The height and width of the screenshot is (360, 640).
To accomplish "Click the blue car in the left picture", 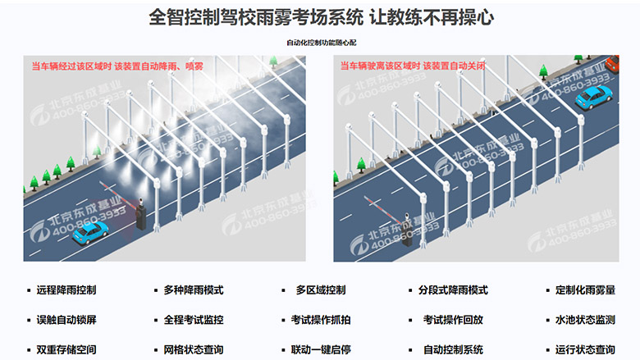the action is (90, 233).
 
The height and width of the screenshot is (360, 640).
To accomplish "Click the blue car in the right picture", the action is (594, 98).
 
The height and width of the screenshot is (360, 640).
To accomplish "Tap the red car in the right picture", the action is (612, 64).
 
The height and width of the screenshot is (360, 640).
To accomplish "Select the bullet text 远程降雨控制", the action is (66, 290).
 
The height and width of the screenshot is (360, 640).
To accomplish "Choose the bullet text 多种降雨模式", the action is (194, 290).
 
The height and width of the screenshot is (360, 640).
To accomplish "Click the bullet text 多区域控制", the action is (321, 290).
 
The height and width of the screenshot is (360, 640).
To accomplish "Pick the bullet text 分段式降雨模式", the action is (453, 290).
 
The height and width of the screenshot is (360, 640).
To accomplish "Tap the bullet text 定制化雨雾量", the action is (585, 290).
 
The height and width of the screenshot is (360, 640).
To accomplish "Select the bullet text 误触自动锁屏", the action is (66, 320).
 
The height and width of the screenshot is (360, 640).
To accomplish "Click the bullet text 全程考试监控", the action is (194, 320).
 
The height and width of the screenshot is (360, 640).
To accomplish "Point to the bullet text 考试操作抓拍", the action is (321, 320).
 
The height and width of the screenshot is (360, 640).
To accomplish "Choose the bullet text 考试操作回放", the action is (453, 320).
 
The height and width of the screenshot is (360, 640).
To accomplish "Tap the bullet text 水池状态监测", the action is (585, 320).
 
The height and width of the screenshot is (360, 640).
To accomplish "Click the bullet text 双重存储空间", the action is (66, 350).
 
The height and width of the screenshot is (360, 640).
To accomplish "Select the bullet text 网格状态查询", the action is (194, 350).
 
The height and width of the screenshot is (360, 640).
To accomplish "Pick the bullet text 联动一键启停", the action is (321, 350).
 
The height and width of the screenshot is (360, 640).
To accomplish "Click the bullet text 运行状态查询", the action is (585, 350).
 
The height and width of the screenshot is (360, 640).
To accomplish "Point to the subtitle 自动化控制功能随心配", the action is (321, 43).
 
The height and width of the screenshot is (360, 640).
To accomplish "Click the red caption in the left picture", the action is (117, 66).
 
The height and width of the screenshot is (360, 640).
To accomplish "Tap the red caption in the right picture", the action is (413, 66).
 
